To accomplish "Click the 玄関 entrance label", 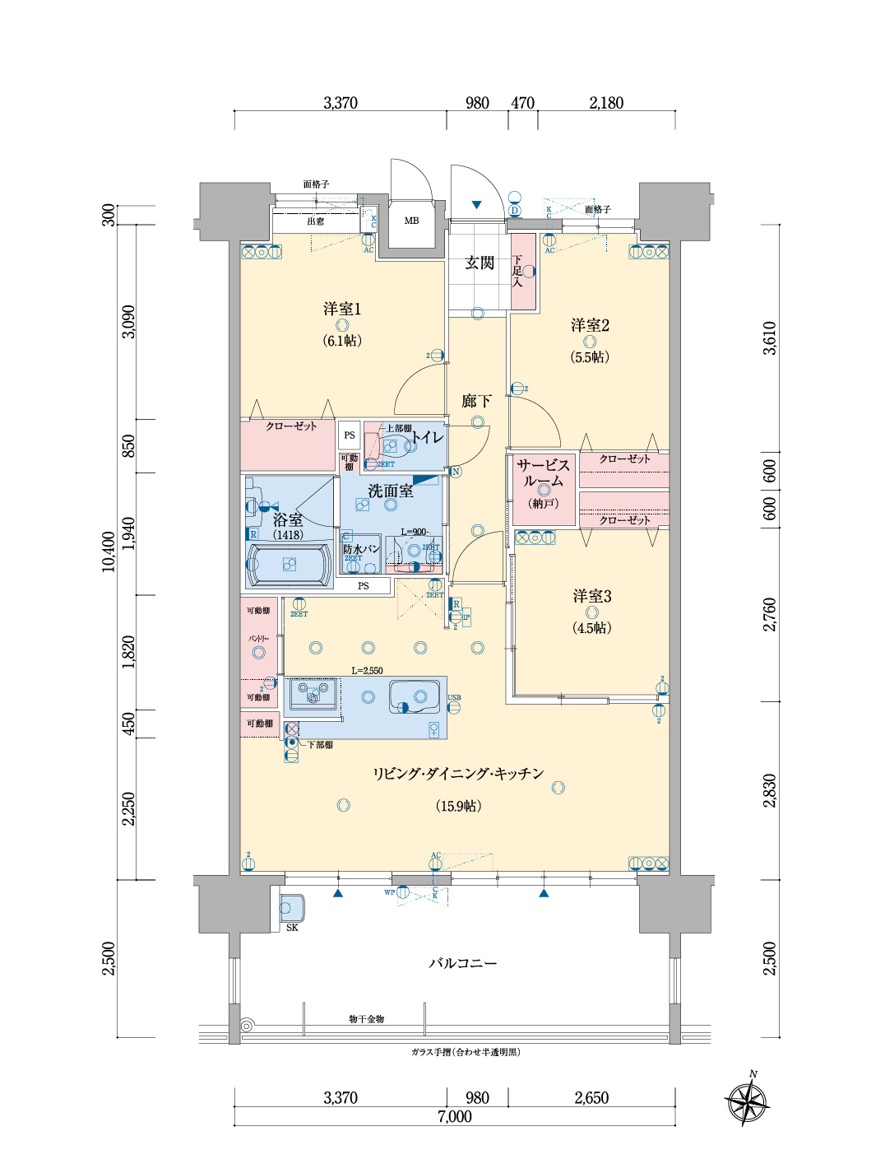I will tap(480, 263).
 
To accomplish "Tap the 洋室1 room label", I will tap(341, 309).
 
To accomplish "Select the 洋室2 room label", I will tap(590, 325).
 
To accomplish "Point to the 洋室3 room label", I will tap(591, 596).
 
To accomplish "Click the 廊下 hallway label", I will tap(476, 401).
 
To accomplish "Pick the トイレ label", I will tap(427, 437).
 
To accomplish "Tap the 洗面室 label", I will tap(390, 491).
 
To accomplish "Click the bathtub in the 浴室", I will tap(289, 565).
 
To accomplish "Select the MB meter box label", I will tap(411, 221).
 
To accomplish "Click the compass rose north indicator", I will tap(748, 1100).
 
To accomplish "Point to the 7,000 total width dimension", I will tap(454, 1117).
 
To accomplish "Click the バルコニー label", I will tap(462, 963).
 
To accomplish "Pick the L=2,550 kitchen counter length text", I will tap(367, 671).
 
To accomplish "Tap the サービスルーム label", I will tap(543, 473).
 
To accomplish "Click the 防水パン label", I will tap(360, 548).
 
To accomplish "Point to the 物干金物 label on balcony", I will tap(366, 1019).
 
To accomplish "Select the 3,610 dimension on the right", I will tap(769, 337).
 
